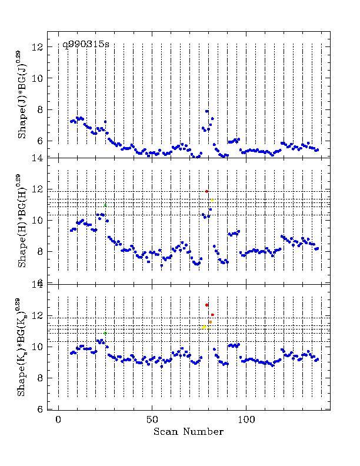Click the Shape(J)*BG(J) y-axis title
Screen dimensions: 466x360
pos(22,94)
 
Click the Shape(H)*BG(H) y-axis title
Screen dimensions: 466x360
pos(22,221)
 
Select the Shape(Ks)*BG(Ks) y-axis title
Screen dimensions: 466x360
pos(22,347)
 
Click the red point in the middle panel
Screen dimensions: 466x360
pos(207,191)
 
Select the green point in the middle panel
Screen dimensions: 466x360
pos(105,205)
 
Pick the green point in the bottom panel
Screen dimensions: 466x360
pos(105,333)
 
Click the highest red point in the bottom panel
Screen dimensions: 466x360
pos(207,305)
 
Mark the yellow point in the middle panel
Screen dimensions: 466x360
pos(212,200)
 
